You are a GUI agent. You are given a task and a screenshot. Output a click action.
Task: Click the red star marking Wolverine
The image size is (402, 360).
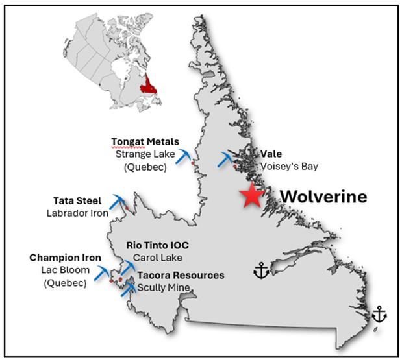251,196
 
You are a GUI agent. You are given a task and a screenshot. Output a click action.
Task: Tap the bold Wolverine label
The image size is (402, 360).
323,196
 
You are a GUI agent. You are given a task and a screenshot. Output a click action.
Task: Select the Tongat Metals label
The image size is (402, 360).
145,142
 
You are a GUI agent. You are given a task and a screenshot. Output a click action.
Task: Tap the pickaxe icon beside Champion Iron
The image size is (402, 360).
103,272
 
